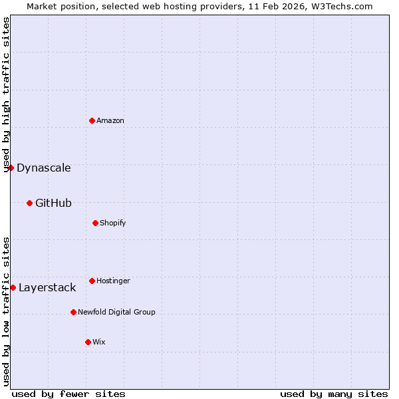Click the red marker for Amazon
(92, 120)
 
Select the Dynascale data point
(11, 168)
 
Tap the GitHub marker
(29, 203)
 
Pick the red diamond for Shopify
(95, 223)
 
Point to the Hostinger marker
(92, 281)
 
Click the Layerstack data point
(13, 287)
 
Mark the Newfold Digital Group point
(73, 312)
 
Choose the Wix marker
(88, 342)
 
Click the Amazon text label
(110, 120)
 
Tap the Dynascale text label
(44, 168)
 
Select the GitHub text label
(53, 203)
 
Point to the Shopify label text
(113, 223)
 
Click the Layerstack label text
(47, 287)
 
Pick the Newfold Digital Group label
(116, 312)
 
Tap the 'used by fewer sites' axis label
(68, 394)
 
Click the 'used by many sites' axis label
(334, 394)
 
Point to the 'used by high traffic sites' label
(6, 94)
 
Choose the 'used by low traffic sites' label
(6, 311)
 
